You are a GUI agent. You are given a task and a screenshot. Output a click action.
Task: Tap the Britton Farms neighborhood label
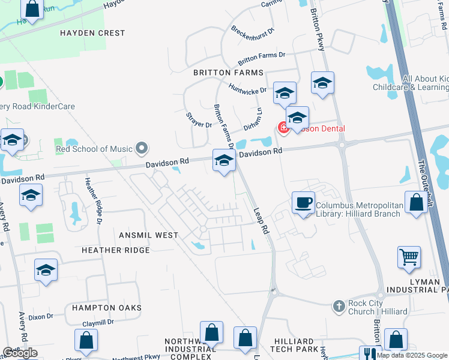pyautogui.click(x=228, y=73)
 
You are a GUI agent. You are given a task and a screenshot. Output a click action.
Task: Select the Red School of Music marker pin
pyautogui.click(x=142, y=147)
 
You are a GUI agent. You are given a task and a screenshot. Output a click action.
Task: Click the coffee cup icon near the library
pyautogui.click(x=303, y=202)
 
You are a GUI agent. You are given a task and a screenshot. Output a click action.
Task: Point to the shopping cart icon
pyautogui.click(x=409, y=257)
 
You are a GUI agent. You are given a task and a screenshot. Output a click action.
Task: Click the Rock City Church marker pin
pyautogui.click(x=340, y=306)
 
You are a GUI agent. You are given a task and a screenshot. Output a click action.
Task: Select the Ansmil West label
pyautogui.click(x=148, y=235)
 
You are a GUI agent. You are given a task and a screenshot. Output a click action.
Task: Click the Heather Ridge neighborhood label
pyautogui.click(x=115, y=250)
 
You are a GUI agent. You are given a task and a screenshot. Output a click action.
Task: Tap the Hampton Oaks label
pyautogui.click(x=106, y=308)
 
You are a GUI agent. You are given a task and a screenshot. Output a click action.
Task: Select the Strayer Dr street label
pyautogui.click(x=199, y=120)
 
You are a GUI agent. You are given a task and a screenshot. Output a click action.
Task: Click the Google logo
pyautogui.click(x=20, y=353)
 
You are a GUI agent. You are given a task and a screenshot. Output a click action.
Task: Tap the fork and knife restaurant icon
pyautogui.click(x=370, y=355)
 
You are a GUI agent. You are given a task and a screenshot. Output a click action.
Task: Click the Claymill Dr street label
pyautogui.click(x=98, y=323)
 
